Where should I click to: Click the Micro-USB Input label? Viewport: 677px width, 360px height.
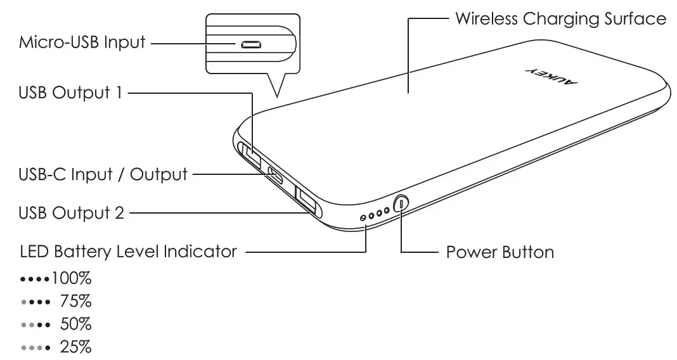point(82,43)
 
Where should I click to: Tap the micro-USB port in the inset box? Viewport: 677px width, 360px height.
point(252,44)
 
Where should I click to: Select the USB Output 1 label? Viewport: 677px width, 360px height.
point(70,93)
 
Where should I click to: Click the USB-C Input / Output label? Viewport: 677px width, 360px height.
point(103,174)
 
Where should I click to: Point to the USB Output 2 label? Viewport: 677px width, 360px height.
point(72,213)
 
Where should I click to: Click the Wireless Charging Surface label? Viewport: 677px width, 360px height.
point(560,18)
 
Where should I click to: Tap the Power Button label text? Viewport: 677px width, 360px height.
point(500,252)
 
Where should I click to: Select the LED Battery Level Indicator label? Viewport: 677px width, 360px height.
point(129,252)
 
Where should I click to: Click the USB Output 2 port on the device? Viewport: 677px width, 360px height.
point(306,202)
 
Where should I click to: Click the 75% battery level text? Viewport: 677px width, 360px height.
point(76,302)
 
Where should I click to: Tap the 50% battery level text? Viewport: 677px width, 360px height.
point(76,325)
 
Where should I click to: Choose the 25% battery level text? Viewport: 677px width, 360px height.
point(76,347)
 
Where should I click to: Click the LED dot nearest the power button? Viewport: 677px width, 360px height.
point(386,211)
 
